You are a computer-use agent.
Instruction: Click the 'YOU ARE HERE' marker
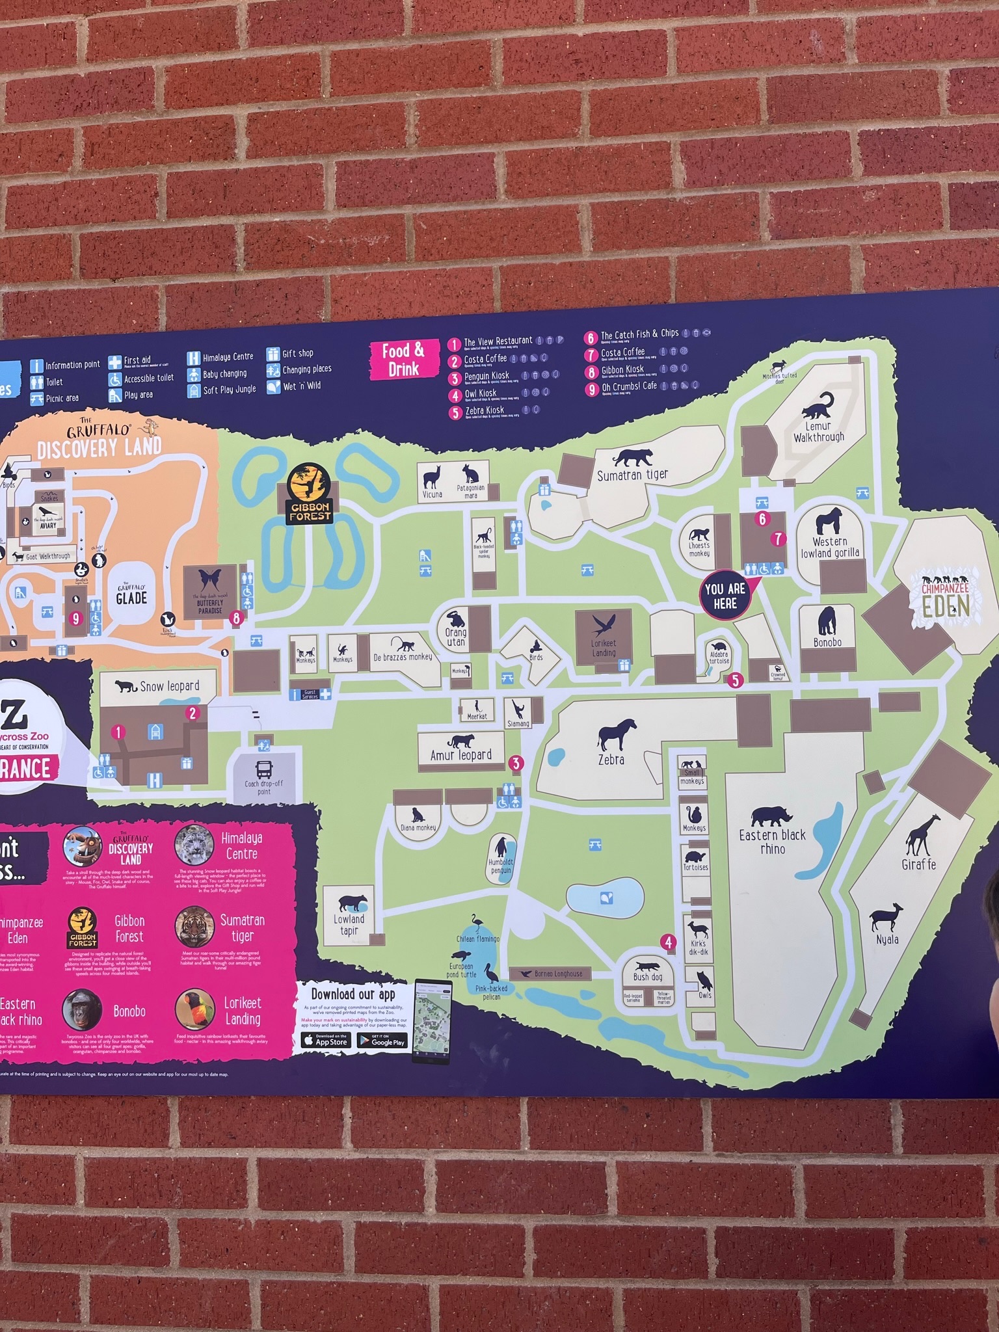(x=725, y=594)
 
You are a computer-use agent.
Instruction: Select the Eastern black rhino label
(x=772, y=842)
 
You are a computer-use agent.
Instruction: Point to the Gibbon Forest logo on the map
(x=310, y=494)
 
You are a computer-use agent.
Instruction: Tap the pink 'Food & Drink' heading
(x=403, y=360)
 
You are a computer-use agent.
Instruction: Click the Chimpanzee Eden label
(x=945, y=598)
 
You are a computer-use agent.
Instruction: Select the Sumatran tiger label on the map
(x=632, y=475)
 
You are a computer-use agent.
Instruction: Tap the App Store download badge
(x=326, y=1040)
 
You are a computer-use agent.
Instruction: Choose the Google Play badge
(x=382, y=1040)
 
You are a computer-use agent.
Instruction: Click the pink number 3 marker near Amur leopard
(x=516, y=763)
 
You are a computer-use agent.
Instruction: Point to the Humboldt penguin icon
(x=501, y=848)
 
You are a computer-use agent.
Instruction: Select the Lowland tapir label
(x=349, y=925)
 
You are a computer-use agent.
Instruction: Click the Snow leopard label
(x=169, y=686)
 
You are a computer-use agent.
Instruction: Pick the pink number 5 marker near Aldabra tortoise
(x=735, y=680)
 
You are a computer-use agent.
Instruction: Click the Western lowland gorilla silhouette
(x=829, y=520)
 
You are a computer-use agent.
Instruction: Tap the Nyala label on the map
(x=887, y=939)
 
